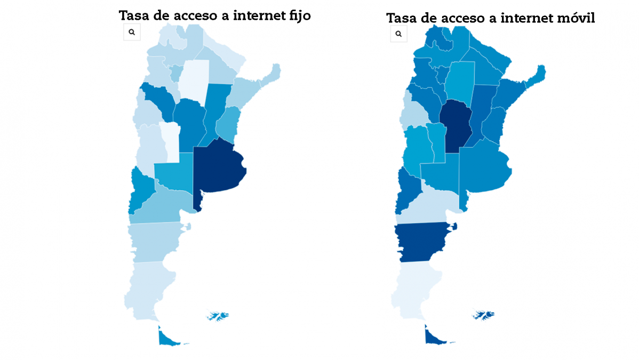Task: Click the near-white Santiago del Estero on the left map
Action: (193, 80)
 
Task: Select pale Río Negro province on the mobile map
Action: (427, 208)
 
